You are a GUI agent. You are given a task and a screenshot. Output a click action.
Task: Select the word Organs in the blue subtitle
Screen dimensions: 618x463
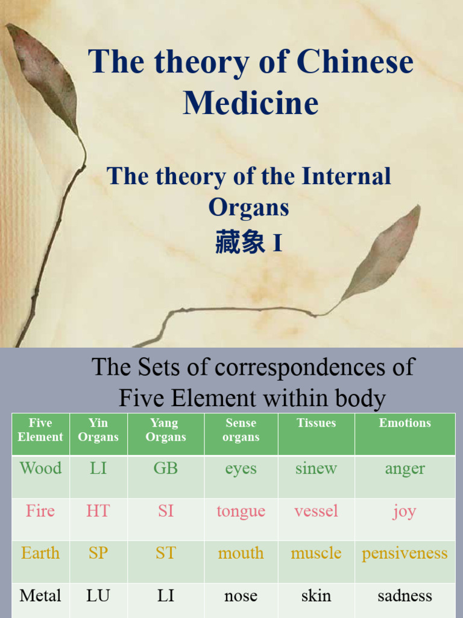point(248,207)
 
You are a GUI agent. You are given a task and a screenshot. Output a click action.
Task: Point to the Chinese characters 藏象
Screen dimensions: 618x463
point(240,243)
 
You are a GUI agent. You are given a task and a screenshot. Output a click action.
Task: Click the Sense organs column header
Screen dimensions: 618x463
point(241,430)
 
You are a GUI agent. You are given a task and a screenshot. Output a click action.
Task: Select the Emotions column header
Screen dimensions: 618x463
point(405,423)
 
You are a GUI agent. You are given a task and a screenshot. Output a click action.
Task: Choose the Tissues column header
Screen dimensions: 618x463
point(316,423)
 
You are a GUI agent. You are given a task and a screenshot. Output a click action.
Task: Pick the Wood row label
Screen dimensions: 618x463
point(40,468)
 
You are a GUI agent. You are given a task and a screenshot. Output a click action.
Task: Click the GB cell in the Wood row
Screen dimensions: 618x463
point(165,468)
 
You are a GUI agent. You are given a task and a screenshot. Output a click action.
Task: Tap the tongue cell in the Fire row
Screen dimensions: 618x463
point(241,511)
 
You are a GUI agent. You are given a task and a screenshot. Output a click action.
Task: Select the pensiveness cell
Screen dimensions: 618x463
point(405,553)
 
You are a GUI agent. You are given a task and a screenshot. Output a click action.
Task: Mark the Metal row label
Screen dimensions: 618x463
point(40,596)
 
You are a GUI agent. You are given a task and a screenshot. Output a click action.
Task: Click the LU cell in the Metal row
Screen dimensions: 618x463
point(98,596)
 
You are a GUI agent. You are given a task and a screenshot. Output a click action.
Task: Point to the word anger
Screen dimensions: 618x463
point(405,468)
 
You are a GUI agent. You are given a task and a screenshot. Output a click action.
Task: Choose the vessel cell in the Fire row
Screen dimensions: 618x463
point(316,511)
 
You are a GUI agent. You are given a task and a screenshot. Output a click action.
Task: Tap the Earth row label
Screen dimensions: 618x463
point(40,553)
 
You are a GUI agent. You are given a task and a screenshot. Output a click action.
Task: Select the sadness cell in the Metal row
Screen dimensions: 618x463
point(405,596)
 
